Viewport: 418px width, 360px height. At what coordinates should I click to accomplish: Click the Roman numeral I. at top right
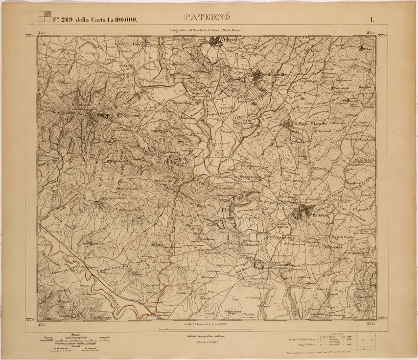372,20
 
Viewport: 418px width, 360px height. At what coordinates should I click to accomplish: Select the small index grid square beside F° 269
44,17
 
